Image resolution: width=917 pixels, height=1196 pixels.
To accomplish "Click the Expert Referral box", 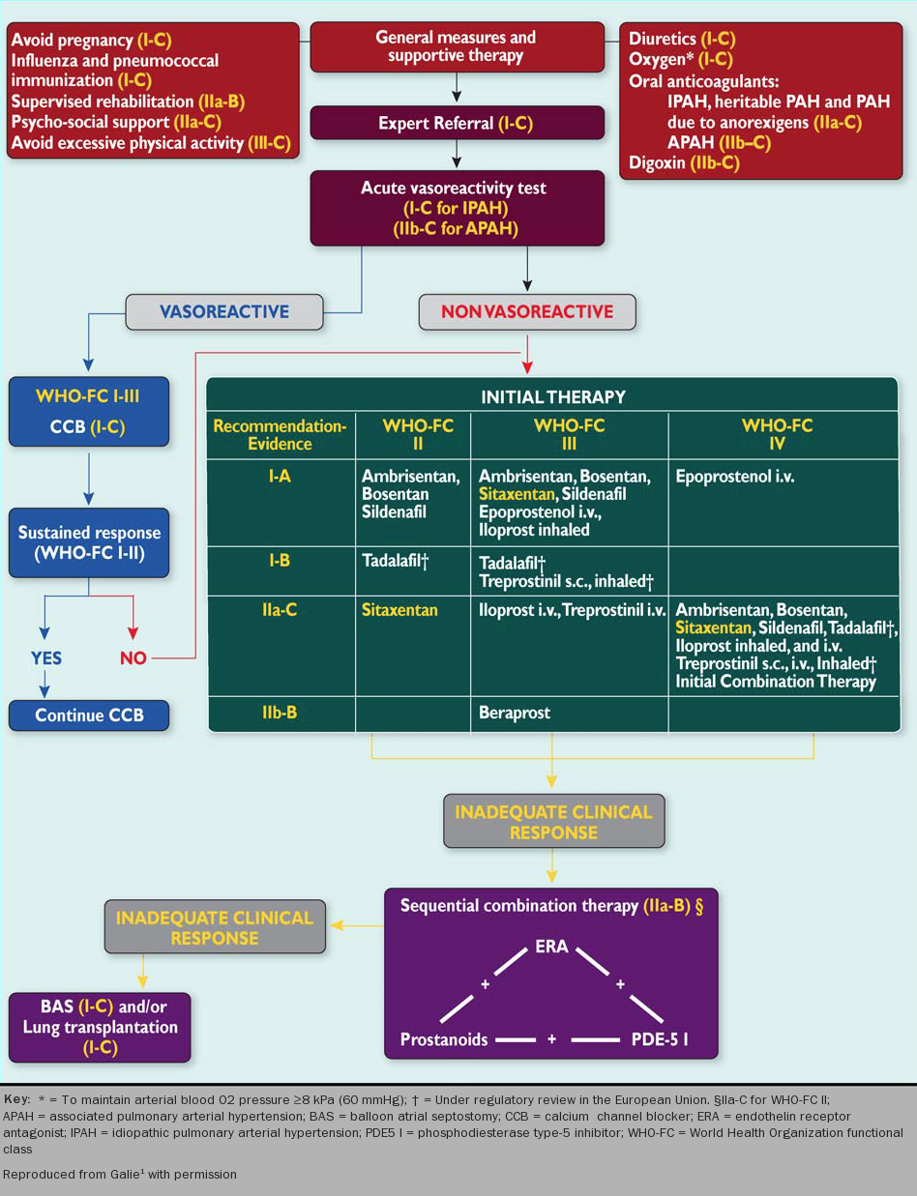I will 457,124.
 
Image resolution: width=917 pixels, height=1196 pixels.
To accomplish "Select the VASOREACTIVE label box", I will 223,311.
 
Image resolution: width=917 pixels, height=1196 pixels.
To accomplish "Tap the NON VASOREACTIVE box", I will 527,311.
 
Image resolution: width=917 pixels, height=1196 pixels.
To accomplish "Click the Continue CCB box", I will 90,715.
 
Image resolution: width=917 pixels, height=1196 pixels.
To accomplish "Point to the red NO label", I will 133,658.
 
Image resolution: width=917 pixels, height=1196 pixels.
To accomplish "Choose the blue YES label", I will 45,658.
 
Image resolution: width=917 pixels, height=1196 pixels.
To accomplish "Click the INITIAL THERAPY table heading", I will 553,396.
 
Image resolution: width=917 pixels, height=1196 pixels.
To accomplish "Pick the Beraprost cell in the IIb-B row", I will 515,713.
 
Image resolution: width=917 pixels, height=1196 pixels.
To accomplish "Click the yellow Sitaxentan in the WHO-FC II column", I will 399,610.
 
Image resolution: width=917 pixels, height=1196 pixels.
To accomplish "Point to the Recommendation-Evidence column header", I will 280,434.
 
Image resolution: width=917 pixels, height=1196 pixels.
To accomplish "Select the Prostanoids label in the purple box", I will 444,1040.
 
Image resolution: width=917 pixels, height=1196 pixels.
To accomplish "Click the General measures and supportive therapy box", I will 456,46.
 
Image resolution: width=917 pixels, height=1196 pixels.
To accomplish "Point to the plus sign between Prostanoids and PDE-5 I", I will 551,1040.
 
